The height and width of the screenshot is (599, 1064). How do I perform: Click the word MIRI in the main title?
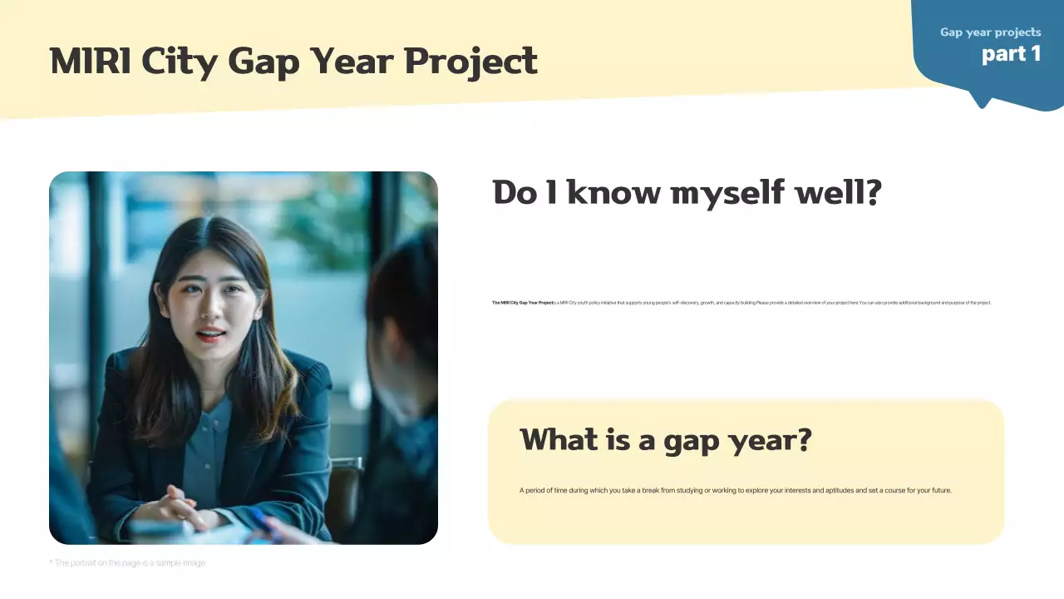click(x=90, y=62)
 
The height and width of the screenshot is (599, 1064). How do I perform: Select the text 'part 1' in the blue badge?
click(x=1011, y=54)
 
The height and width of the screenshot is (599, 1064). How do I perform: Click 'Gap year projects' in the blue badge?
click(x=990, y=32)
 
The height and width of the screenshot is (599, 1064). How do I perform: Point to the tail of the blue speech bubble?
click(x=983, y=102)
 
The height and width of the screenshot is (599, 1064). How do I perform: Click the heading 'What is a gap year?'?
click(x=665, y=440)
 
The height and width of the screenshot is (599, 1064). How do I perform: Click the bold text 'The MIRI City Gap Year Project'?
click(x=522, y=303)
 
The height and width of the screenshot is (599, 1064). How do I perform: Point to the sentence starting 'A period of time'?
click(x=735, y=491)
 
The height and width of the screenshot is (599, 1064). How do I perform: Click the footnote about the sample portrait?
click(x=127, y=563)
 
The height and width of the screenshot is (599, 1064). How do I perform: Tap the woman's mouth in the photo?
click(x=210, y=335)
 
